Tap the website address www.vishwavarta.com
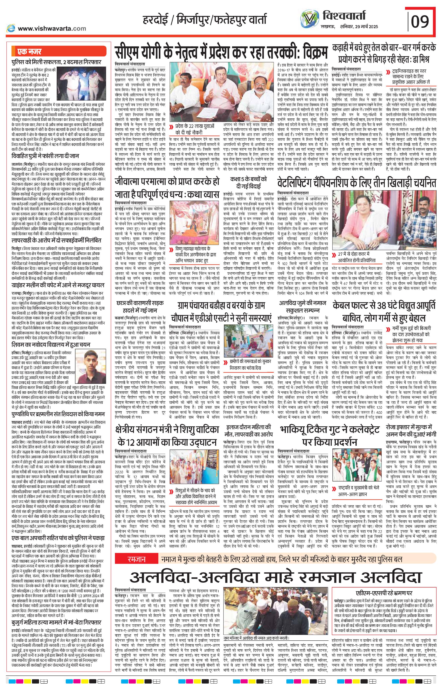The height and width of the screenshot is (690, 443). pos(52,28)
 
